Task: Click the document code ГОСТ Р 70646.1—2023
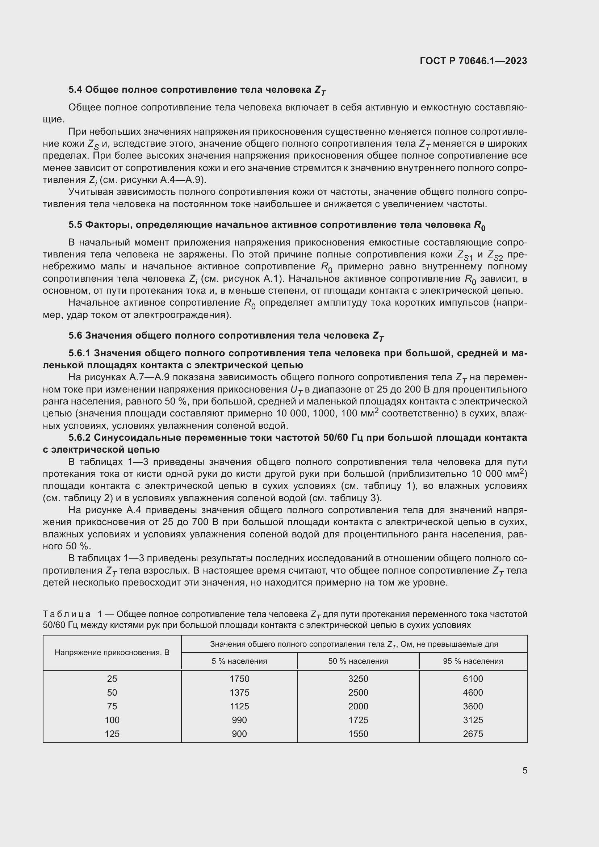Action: [473, 61]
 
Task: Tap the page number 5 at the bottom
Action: [524, 771]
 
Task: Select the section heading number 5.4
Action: [76, 90]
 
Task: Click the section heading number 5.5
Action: [76, 225]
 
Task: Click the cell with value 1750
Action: [239, 679]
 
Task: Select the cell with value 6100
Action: [473, 679]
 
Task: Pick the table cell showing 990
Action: [239, 720]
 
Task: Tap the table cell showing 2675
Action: [473, 734]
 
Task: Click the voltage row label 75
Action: [112, 706]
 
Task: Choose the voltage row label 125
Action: [112, 734]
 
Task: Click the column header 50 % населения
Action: [358, 661]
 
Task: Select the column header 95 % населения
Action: [473, 661]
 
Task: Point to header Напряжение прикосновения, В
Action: [112, 653]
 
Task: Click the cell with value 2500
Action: [358, 692]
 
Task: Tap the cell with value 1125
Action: [239, 706]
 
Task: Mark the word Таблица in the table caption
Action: [67, 614]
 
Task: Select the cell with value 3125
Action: [473, 720]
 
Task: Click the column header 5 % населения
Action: [239, 661]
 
